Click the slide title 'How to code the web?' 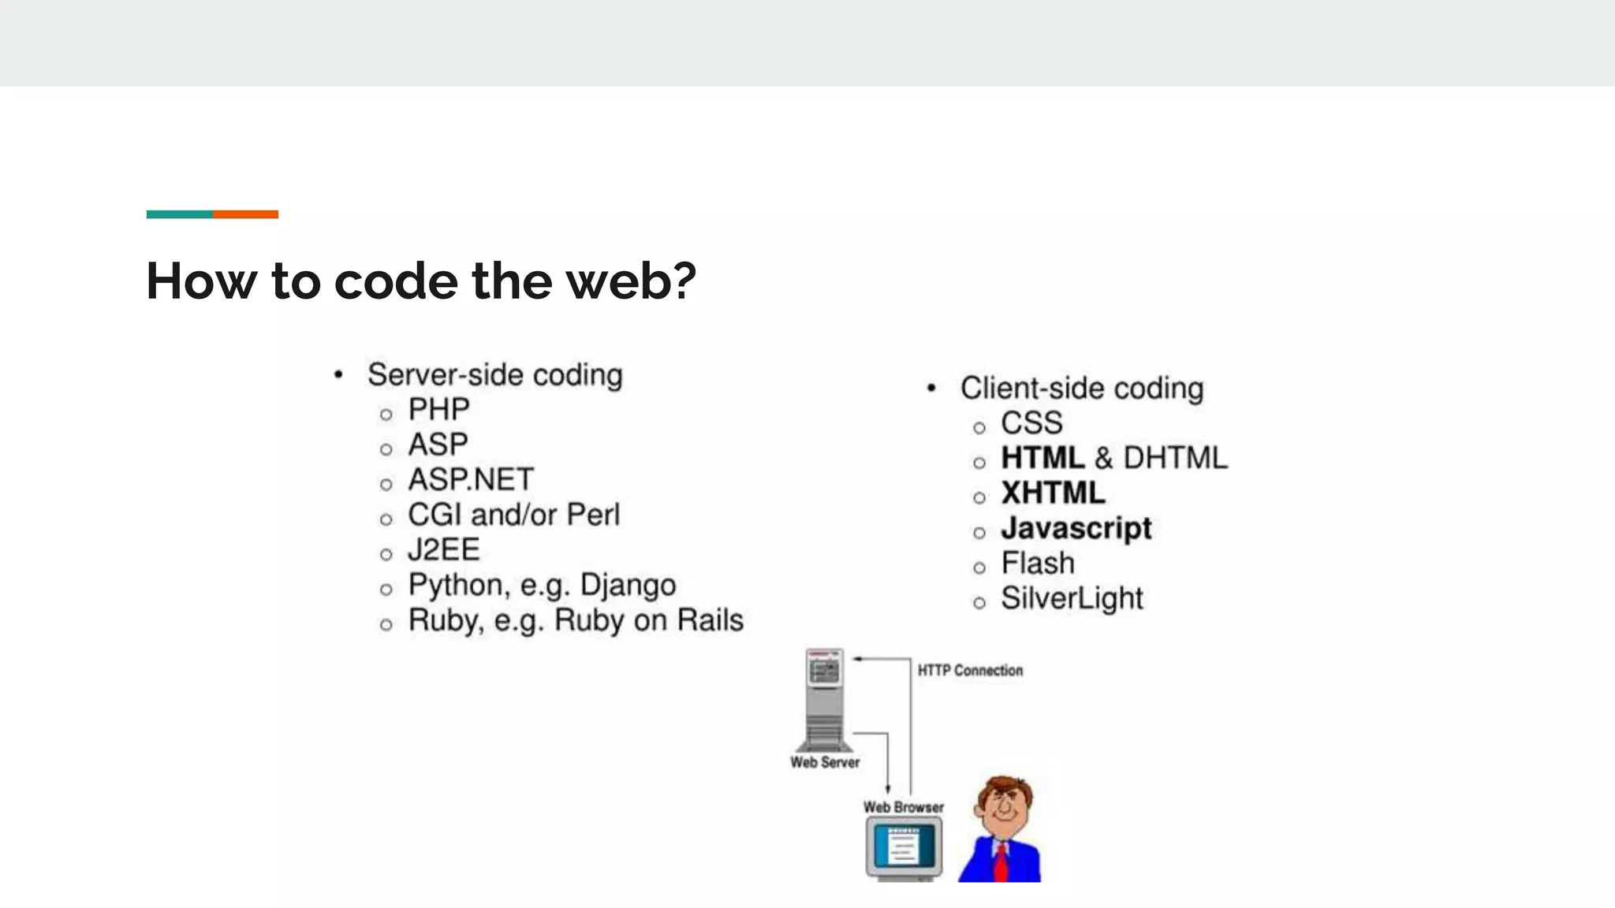pos(421,281)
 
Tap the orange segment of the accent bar pos(245,214)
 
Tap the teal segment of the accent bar pos(179,214)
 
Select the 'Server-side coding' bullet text pos(494,375)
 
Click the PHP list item pos(438,410)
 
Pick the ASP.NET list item pos(471,480)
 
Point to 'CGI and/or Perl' pos(513,515)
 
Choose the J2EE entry pos(443,550)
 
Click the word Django pos(628,586)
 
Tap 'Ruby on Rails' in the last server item pos(648,620)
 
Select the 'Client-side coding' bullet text pos(1081,389)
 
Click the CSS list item pos(1031,423)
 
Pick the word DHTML pos(1175,458)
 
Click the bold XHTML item pos(1053,493)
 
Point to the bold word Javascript pos(1076,528)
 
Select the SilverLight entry pos(1072,599)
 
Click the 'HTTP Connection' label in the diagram pos(970,671)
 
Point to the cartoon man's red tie pos(1001,862)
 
